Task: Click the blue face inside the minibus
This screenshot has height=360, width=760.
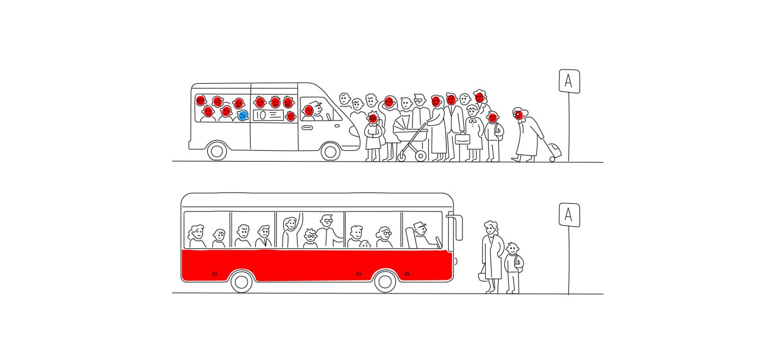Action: pyautogui.click(x=243, y=116)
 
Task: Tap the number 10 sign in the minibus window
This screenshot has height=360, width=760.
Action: pyautogui.click(x=268, y=115)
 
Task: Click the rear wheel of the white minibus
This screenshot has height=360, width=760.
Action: pyautogui.click(x=217, y=151)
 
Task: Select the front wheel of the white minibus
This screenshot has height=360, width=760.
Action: pyautogui.click(x=330, y=151)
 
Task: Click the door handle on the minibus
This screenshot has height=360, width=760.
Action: pyautogui.click(x=307, y=128)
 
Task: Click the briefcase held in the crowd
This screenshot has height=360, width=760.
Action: pyautogui.click(x=463, y=138)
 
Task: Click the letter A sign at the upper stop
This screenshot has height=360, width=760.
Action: pyautogui.click(x=569, y=81)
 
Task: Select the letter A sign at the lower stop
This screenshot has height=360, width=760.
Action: pyautogui.click(x=569, y=215)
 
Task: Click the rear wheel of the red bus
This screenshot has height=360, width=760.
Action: pyautogui.click(x=241, y=282)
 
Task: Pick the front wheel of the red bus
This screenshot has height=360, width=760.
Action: pyautogui.click(x=385, y=282)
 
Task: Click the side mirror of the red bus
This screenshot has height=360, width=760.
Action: pyautogui.click(x=457, y=227)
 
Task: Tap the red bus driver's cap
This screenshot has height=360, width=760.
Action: pyautogui.click(x=419, y=225)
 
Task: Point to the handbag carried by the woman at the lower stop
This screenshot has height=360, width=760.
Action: pyautogui.click(x=483, y=274)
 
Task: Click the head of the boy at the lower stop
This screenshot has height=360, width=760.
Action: pyautogui.click(x=512, y=248)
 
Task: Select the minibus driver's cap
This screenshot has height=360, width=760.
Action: pyautogui.click(x=315, y=103)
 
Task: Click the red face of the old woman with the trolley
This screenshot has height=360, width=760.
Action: pyautogui.click(x=519, y=115)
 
